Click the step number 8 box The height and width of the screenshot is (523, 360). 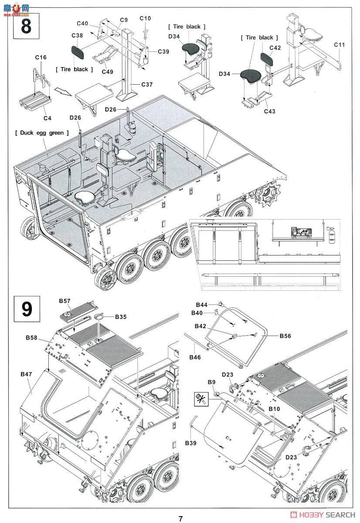26,25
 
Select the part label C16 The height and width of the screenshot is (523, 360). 41,58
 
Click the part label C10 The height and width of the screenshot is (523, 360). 145,18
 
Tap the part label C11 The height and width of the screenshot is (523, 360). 340,44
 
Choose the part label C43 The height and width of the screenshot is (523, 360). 270,111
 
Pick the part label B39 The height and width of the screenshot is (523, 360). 191,443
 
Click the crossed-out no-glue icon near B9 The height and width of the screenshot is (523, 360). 201,397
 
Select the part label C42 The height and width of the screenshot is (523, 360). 275,48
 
